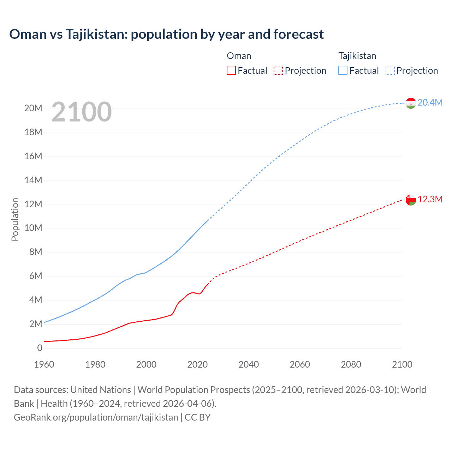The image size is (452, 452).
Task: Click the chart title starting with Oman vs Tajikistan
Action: tap(166, 34)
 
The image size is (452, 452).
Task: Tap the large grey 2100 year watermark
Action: tap(82, 112)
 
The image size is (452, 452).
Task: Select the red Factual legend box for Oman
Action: tap(231, 70)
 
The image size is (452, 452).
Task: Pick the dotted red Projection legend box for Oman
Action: tap(278, 70)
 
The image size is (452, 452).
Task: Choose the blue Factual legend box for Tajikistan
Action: tap(343, 70)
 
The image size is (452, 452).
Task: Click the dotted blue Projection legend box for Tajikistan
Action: tap(390, 70)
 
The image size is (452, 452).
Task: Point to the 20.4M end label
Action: tap(430, 102)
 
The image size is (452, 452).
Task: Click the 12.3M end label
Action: tap(430, 200)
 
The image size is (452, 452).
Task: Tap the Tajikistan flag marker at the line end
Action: tap(411, 103)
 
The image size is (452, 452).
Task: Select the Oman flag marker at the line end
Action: tap(411, 200)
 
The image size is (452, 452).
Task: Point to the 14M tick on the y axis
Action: tap(33, 180)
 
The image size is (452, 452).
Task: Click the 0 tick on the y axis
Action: tap(40, 348)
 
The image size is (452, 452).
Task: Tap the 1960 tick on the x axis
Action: tap(44, 364)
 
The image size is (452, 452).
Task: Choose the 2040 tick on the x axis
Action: tap(249, 364)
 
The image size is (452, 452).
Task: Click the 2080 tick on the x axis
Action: tap(351, 364)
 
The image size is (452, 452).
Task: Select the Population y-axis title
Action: tap(15, 219)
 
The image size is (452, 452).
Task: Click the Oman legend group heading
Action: tap(239, 56)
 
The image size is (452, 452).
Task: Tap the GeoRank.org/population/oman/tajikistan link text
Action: tap(96, 417)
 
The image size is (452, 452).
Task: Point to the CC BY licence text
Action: tap(198, 417)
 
